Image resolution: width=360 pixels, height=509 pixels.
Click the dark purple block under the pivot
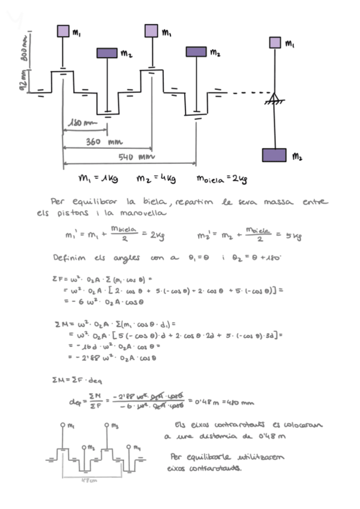(274, 155)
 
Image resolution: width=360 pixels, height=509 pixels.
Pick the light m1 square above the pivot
(275, 42)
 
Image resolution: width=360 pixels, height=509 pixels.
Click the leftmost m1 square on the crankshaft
(64, 31)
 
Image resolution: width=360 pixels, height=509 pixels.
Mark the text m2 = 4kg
(155, 178)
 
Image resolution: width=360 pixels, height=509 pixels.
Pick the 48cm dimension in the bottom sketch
(88, 480)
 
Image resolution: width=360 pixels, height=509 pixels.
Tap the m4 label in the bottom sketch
(137, 447)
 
